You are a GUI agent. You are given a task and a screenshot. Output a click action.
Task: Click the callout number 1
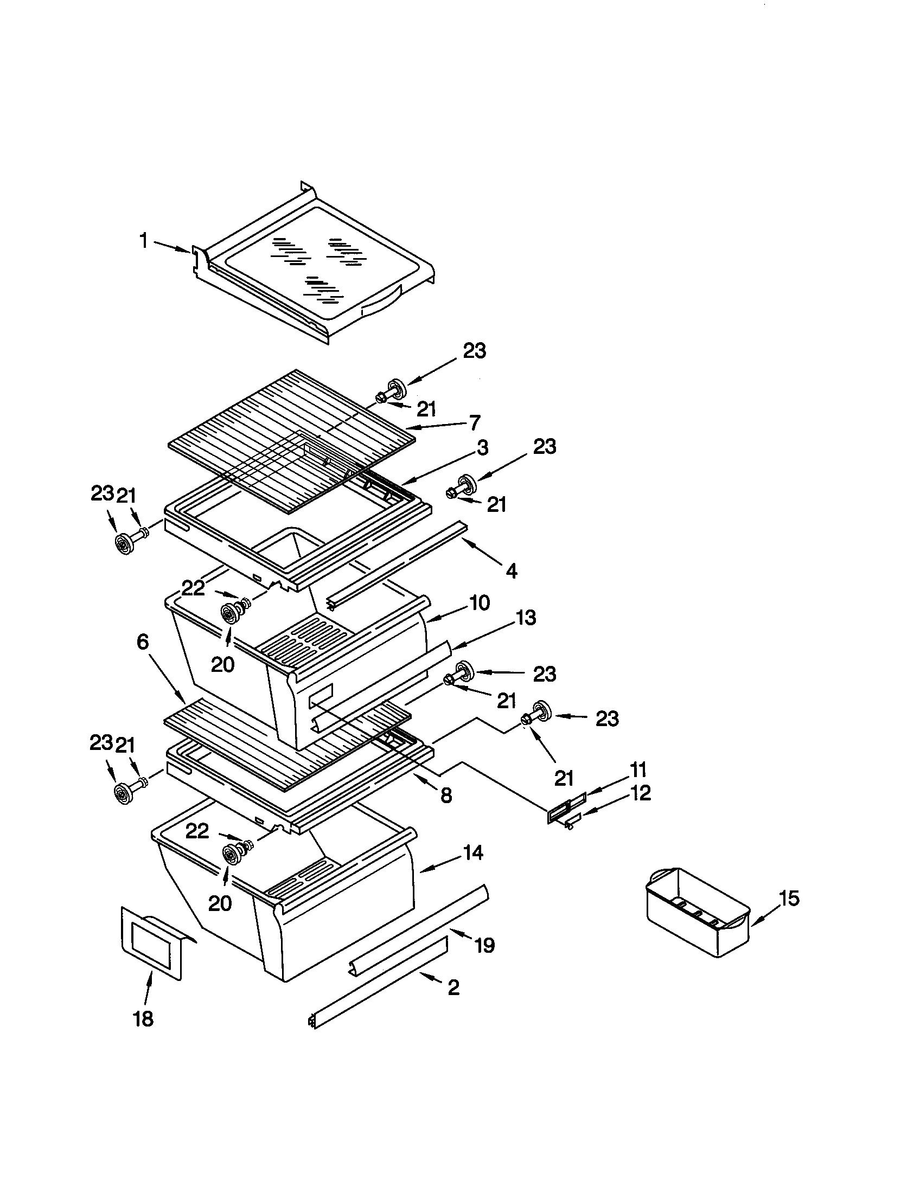click(x=144, y=240)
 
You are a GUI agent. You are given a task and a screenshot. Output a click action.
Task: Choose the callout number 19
click(x=484, y=945)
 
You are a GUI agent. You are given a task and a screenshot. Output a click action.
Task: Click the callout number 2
click(x=453, y=987)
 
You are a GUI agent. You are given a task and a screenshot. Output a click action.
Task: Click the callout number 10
click(x=479, y=603)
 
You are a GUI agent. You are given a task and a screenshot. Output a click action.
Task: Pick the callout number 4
click(x=511, y=572)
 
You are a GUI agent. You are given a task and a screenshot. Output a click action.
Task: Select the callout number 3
click(x=482, y=448)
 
